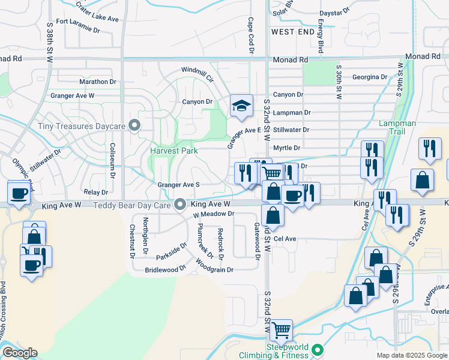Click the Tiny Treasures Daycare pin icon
(134, 125)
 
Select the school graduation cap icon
(241, 106)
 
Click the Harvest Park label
(174, 151)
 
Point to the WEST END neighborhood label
(292, 31)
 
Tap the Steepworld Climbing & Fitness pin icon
(319, 349)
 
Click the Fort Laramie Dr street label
(79, 25)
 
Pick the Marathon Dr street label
(97, 82)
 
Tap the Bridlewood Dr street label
(165, 270)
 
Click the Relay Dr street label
(96, 192)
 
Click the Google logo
(20, 353)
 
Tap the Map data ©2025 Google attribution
(411, 355)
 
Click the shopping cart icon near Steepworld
(281, 329)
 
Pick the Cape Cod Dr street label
(251, 34)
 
